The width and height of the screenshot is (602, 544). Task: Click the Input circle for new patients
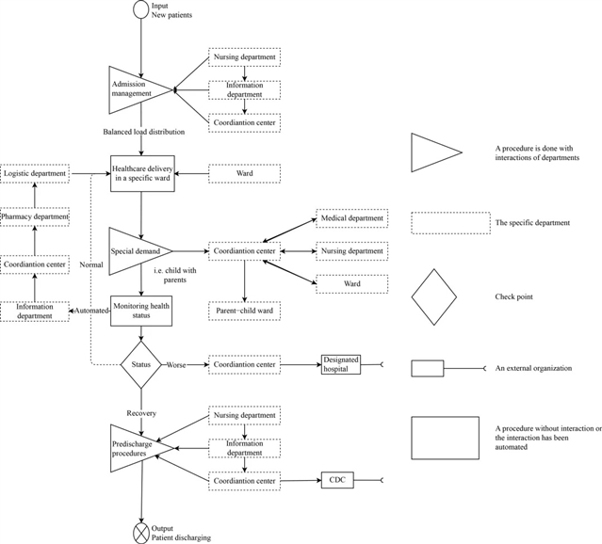pos(140,10)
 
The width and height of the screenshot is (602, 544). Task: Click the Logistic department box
pos(35,173)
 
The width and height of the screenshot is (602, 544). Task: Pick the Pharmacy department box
pos(35,217)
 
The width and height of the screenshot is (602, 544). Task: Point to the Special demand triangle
pos(135,251)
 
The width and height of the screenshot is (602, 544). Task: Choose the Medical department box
pos(351,218)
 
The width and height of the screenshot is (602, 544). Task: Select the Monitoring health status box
pos(140,312)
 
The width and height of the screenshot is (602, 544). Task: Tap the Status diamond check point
pos(140,363)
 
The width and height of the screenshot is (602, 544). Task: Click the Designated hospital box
pos(340,364)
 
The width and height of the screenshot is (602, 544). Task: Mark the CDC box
pos(337,481)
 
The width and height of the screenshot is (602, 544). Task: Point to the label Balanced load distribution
pos(144,132)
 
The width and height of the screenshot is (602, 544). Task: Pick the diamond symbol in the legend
pos(434,296)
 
